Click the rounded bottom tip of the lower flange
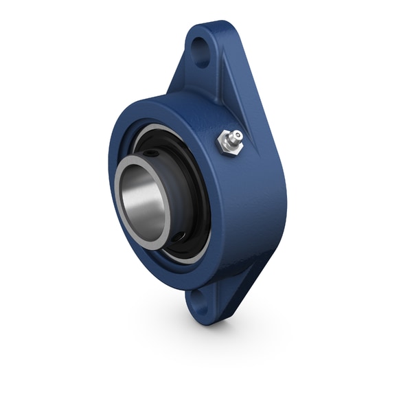click(199, 317)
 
